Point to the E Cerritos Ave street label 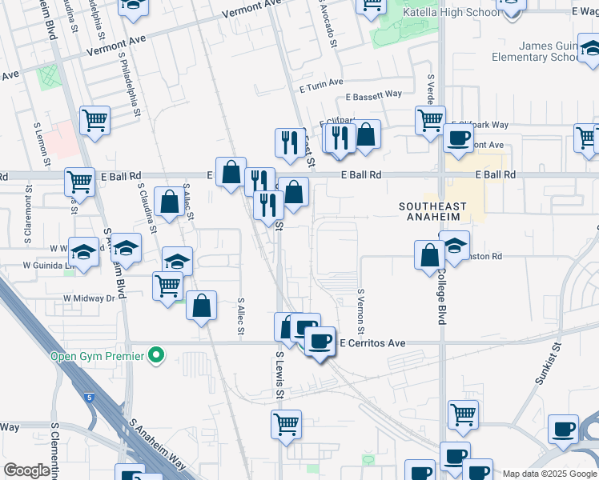coord(372,343)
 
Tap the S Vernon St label coord(361,312)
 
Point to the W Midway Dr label coord(90,298)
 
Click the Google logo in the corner coord(26,470)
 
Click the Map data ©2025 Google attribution coord(549,474)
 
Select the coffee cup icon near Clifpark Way coord(459,138)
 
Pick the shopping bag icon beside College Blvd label coord(429,255)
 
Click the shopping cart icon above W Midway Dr coord(167,285)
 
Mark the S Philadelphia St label coord(130,88)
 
